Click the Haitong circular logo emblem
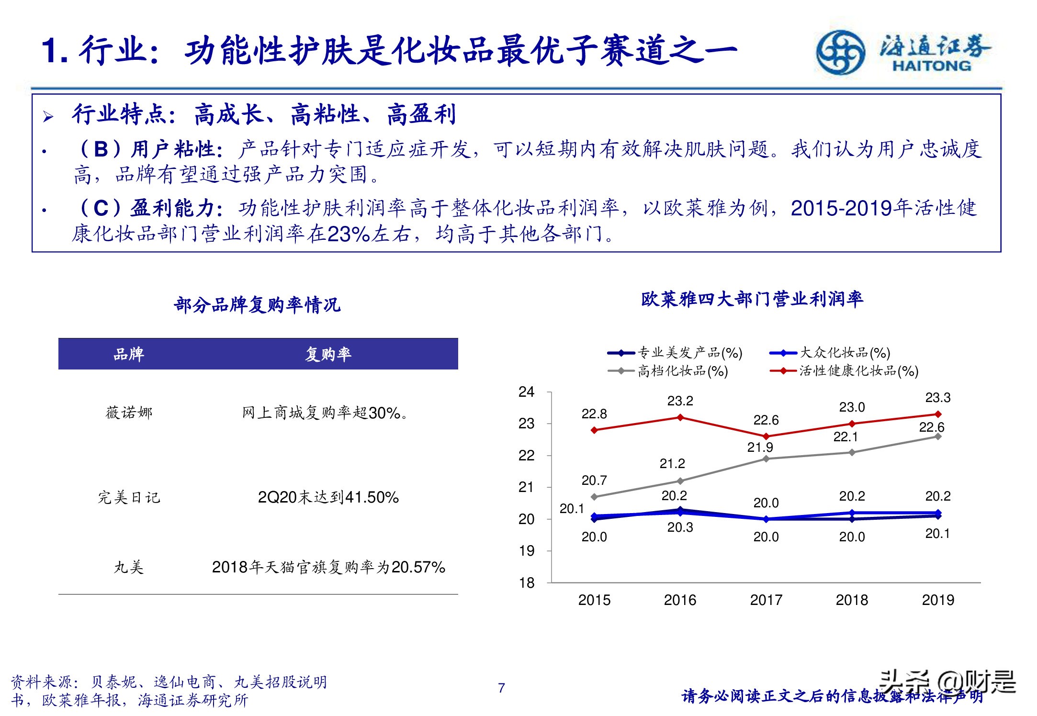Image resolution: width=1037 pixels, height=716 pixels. click(840, 52)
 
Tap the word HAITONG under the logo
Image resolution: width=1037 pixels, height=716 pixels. click(932, 66)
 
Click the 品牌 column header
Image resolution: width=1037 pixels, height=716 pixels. click(129, 354)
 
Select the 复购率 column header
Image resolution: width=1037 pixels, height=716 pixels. click(328, 354)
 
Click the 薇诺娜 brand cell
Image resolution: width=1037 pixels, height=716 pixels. click(129, 413)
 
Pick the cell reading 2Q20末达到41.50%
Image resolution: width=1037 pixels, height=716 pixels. click(328, 498)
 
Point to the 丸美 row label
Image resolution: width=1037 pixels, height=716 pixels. click(129, 568)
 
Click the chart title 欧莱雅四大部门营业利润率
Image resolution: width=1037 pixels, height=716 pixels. click(752, 299)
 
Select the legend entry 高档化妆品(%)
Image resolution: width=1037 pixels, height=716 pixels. click(682, 371)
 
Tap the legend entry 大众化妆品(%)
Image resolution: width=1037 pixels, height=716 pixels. click(845, 353)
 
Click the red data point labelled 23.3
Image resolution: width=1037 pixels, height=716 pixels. click(938, 414)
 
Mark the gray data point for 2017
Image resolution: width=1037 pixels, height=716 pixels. click(766, 459)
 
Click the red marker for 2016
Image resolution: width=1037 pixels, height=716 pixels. click(680, 417)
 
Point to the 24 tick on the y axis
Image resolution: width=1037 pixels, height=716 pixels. click(527, 392)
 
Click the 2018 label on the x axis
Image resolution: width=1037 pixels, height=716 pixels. click(852, 600)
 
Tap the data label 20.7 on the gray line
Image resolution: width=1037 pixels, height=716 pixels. click(594, 480)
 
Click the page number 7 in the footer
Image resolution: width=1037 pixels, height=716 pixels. click(501, 688)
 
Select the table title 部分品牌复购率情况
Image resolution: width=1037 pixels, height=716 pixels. click(257, 305)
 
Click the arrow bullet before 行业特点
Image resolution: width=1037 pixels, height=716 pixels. click(48, 116)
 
